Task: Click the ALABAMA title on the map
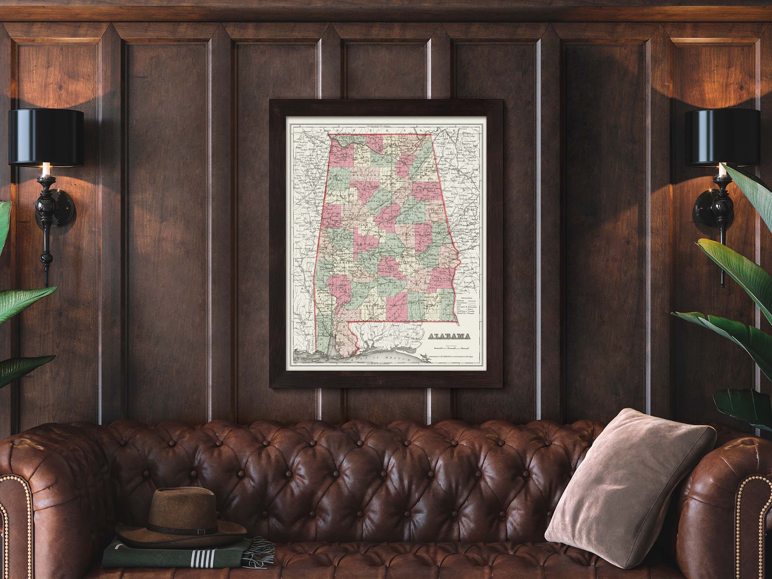coord(451,336)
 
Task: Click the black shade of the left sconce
coord(46,137)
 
